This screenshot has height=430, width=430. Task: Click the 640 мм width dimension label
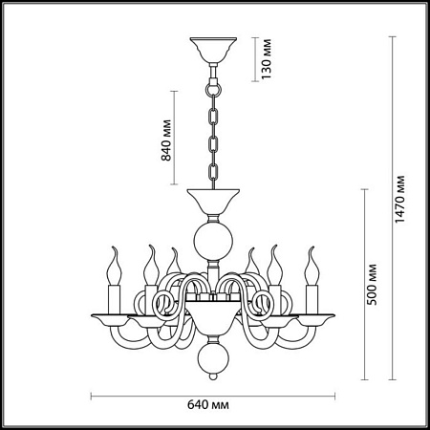point(207,405)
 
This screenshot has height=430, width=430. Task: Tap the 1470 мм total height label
point(399,199)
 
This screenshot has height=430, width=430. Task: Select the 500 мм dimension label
point(372,285)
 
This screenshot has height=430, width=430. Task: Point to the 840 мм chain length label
point(166,140)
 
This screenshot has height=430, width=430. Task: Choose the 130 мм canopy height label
point(266,59)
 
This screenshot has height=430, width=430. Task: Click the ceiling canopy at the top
point(213,50)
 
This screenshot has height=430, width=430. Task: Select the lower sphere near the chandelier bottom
point(213,356)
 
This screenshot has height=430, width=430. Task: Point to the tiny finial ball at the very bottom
point(213,376)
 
